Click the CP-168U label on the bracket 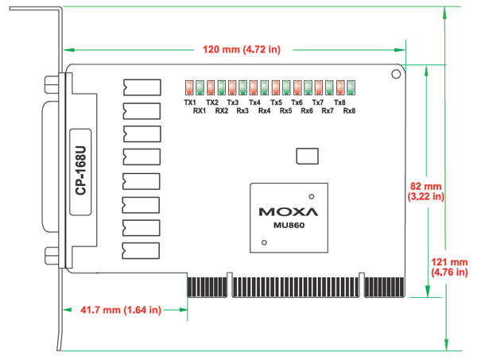pos(80,172)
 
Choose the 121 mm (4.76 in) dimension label pos(449,266)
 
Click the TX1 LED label pos(189,103)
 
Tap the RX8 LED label pos(349,110)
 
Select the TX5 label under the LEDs pos(276,103)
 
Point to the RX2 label pos(221,110)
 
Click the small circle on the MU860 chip pos(312,195)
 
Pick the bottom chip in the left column pos(142,250)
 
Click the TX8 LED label pos(339,103)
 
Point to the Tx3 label pos(232,103)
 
